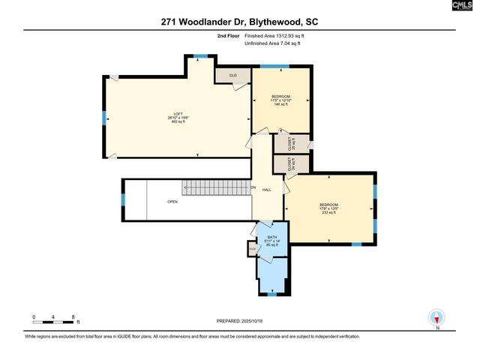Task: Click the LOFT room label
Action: coord(178,113)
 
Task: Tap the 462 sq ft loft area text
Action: coord(178,122)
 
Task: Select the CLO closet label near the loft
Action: coord(232,76)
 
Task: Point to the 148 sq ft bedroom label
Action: coord(281,105)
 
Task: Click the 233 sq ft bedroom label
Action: coord(329,212)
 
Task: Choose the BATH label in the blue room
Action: coord(271,237)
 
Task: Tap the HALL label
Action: coord(266,190)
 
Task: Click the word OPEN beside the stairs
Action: coord(172,201)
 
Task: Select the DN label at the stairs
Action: coord(253,187)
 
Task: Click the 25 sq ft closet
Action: coord(291,142)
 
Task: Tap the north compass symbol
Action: coord(436,319)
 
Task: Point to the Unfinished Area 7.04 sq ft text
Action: coord(271,43)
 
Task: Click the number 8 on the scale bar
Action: coord(73,316)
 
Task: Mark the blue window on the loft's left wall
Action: coord(103,117)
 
